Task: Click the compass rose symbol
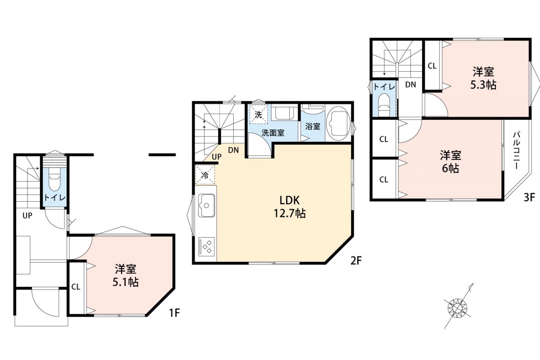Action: pos(457,308)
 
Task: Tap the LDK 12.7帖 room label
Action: pos(289,207)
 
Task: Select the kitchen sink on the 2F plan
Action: pos(206,206)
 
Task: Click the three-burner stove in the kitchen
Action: pos(206,246)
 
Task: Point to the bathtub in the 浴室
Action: pos(338,124)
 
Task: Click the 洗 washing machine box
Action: pos(258,114)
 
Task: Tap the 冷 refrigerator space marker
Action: pos(205,175)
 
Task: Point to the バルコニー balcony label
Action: pos(516,150)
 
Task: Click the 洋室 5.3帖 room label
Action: pos(483,78)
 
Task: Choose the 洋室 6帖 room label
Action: pos(450,162)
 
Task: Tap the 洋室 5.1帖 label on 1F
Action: pos(125,275)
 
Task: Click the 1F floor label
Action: pos(174,313)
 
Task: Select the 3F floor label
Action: pos(529,198)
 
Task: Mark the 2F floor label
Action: pos(356,260)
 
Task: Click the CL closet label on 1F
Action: pos(76,287)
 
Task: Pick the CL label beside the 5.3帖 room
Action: pos(432,66)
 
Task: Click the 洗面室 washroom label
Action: pos(273,133)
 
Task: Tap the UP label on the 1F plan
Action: pos(27,215)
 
